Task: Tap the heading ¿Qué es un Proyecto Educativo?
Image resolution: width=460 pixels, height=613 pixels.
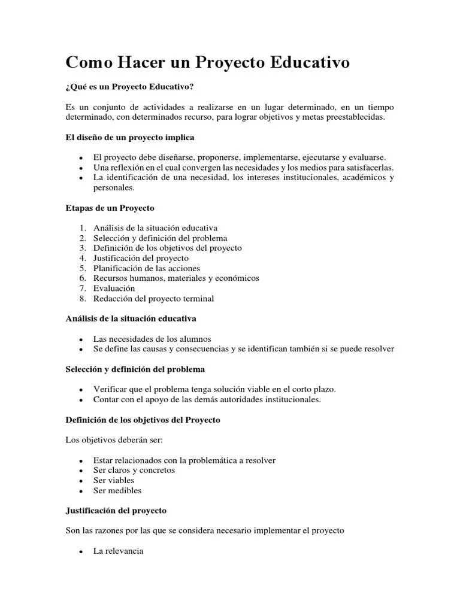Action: coord(129,87)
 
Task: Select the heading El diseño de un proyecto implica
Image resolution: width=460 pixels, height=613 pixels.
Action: coord(129,137)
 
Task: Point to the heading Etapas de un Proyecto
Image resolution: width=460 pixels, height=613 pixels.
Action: coord(110,208)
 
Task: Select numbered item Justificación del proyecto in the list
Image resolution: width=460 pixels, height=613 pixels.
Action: coord(141,258)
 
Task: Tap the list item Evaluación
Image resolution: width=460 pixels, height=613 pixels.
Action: coord(114,288)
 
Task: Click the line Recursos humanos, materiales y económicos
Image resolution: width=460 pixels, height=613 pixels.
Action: coord(176,278)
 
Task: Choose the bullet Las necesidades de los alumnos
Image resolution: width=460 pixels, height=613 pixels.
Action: coord(152,339)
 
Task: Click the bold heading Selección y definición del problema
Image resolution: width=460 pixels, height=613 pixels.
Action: coord(135,369)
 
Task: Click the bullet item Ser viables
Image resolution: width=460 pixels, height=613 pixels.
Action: coord(114,480)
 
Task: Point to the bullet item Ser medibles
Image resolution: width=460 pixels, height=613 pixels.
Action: coord(117,490)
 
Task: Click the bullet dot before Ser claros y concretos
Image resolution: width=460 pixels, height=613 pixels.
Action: coord(80,471)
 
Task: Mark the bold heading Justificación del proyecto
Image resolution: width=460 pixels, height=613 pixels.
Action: coord(116,511)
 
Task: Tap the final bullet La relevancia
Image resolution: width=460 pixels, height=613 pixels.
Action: coord(118,551)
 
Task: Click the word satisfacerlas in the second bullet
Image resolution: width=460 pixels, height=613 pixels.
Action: coord(371,168)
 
